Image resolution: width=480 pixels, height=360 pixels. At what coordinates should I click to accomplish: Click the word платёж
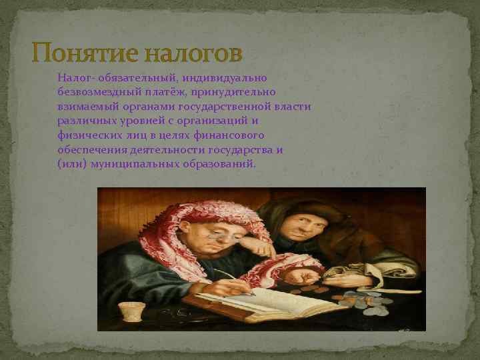[165, 92]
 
